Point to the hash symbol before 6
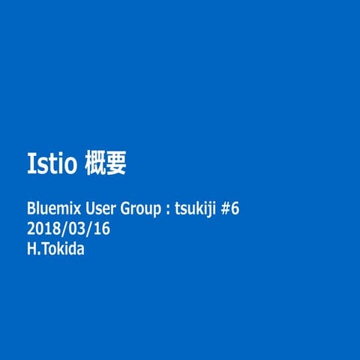[225, 208]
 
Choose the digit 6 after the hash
[234, 208]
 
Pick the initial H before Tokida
[31, 249]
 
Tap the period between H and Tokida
[38, 253]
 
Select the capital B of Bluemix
[31, 208]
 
